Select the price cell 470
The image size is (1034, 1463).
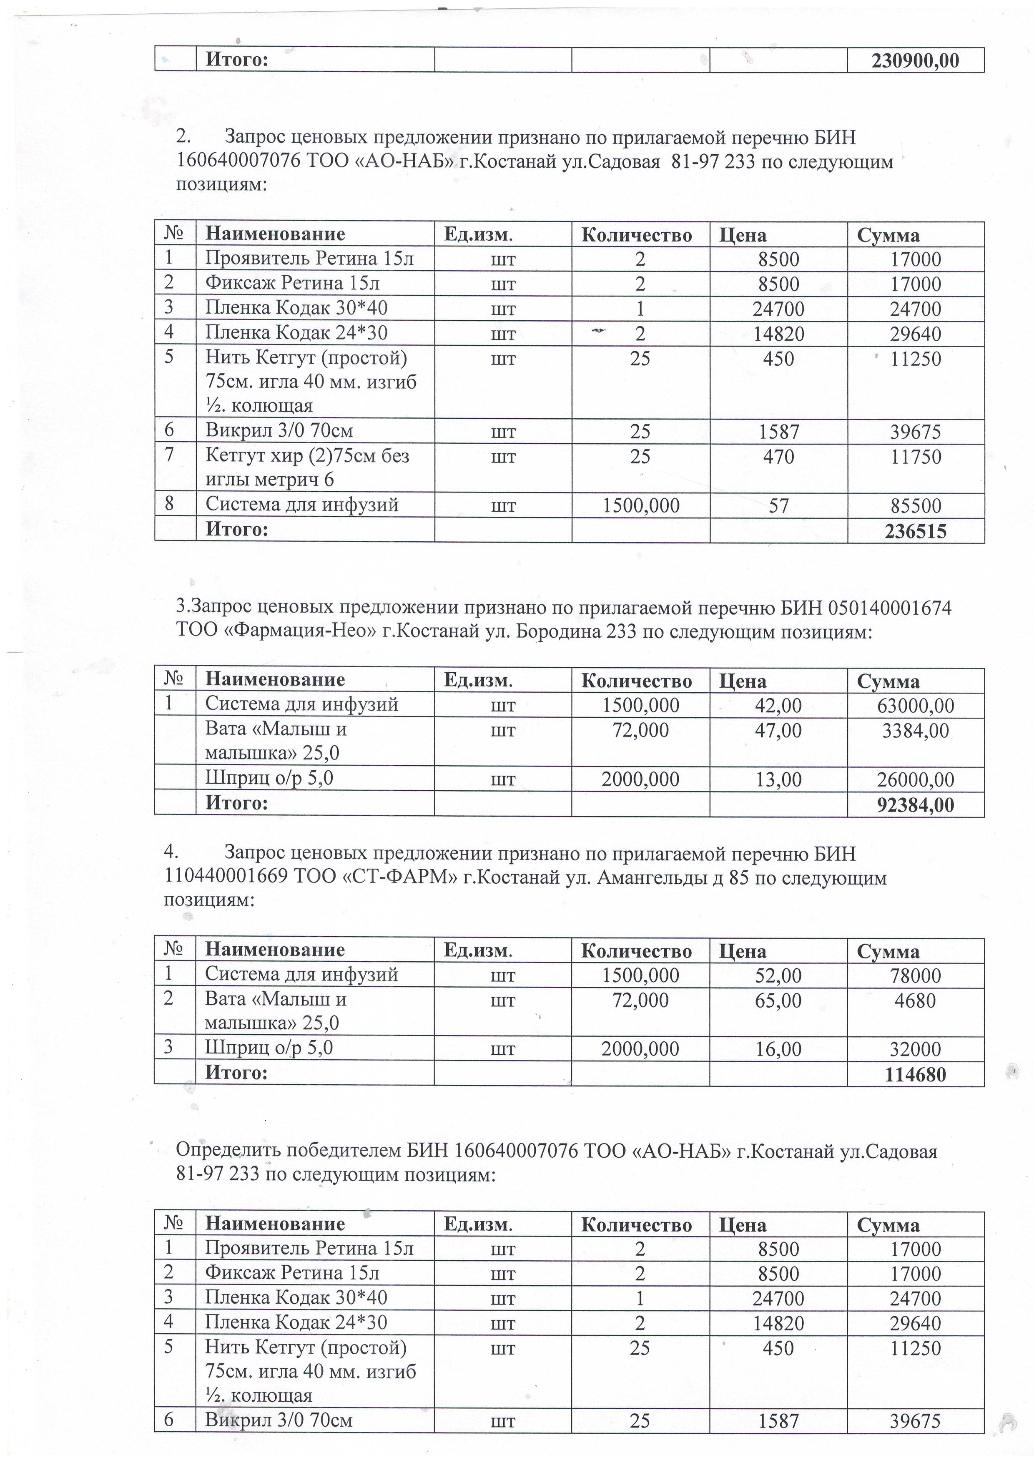[778, 457]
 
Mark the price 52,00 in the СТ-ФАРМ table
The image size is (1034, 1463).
[778, 975]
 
